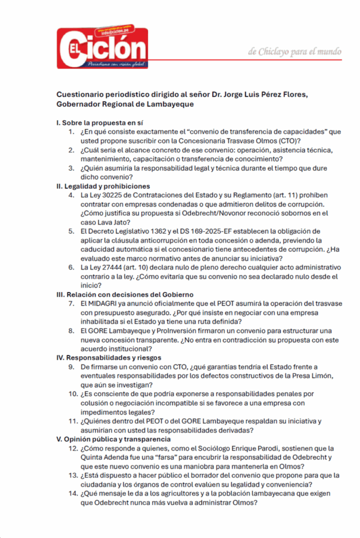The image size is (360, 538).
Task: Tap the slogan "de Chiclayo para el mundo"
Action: pyautogui.click(x=294, y=51)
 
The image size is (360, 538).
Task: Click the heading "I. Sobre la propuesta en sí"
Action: pyautogui.click(x=99, y=122)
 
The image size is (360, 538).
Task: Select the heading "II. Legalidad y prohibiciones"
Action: pyautogui.click(x=103, y=186)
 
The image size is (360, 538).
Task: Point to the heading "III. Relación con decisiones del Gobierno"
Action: pyautogui.click(x=125, y=294)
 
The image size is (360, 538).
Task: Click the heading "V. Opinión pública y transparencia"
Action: pyautogui.click(x=113, y=439)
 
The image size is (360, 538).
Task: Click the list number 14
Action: pyautogui.click(x=73, y=493)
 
